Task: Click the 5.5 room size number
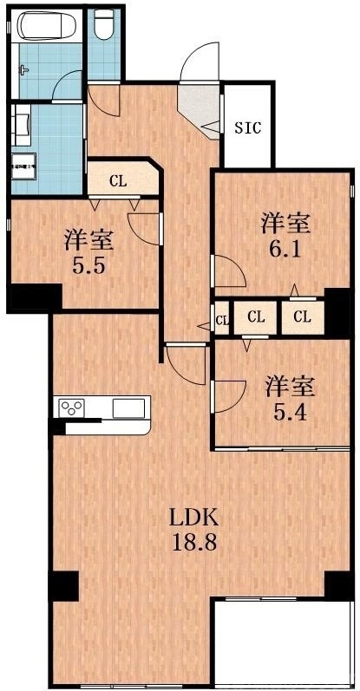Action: [88, 265]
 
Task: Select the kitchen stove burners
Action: [71, 407]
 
